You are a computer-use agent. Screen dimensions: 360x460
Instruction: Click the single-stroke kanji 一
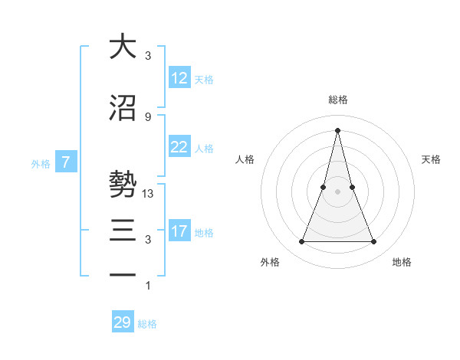click(122, 273)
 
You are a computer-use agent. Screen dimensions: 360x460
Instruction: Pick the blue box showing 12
click(179, 78)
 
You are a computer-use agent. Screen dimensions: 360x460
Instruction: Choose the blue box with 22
click(179, 147)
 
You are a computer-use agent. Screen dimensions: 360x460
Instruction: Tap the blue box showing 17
click(179, 231)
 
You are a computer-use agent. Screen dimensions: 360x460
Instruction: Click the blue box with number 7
click(66, 162)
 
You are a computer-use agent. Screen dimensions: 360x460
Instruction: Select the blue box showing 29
click(123, 322)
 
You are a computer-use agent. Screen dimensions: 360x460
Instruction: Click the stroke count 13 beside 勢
click(149, 194)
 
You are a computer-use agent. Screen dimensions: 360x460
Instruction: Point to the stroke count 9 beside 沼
click(148, 116)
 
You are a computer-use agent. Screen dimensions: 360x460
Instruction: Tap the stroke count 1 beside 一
click(148, 286)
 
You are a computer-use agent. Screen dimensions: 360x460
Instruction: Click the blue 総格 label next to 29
click(147, 324)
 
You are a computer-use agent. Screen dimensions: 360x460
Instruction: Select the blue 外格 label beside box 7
click(41, 163)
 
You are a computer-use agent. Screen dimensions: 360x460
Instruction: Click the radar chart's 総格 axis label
click(337, 100)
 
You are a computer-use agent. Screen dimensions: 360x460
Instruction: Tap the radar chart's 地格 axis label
click(402, 262)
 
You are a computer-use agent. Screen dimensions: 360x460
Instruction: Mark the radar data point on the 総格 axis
click(337, 129)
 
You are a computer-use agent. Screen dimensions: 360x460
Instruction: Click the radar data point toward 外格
click(301, 242)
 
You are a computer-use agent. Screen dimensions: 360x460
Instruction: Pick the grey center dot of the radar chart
click(337, 191)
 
